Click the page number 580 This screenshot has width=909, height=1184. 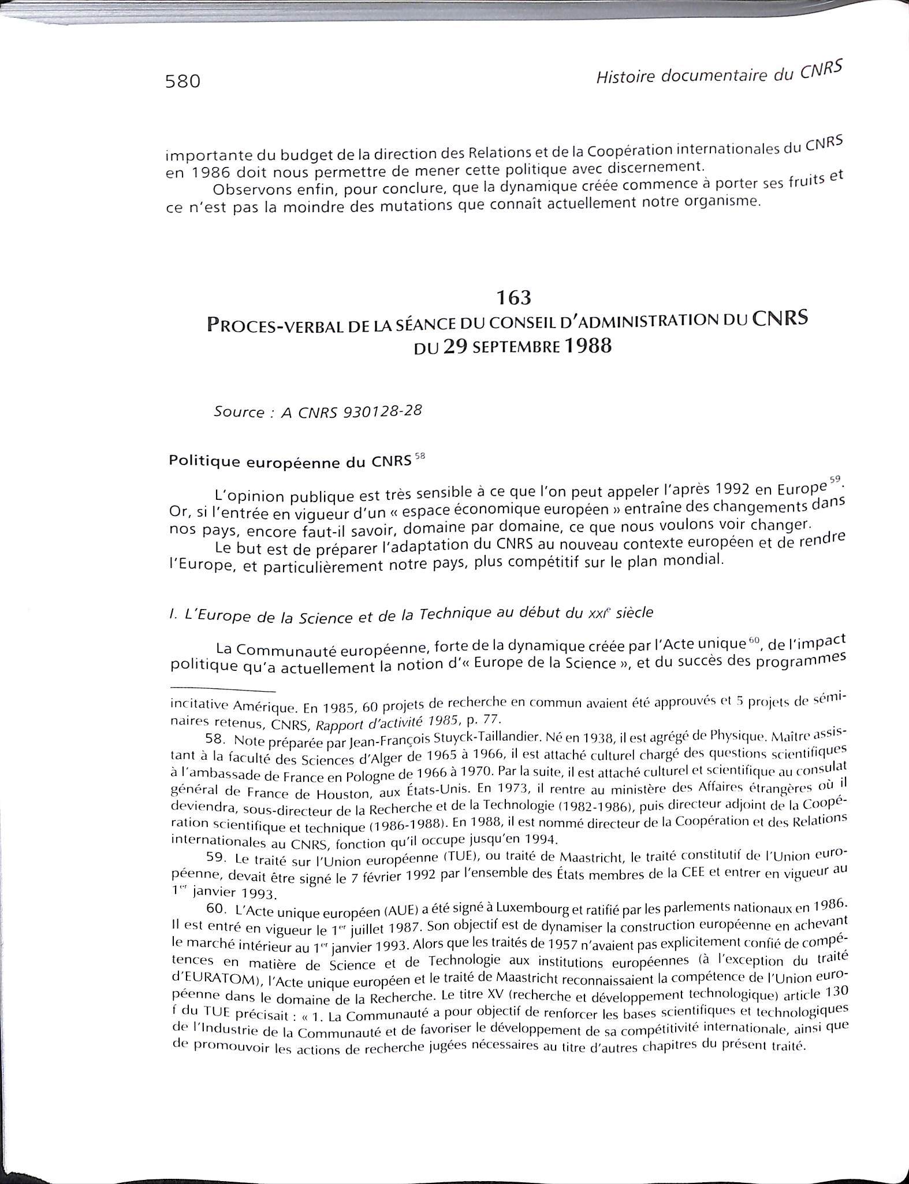[x=182, y=81]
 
